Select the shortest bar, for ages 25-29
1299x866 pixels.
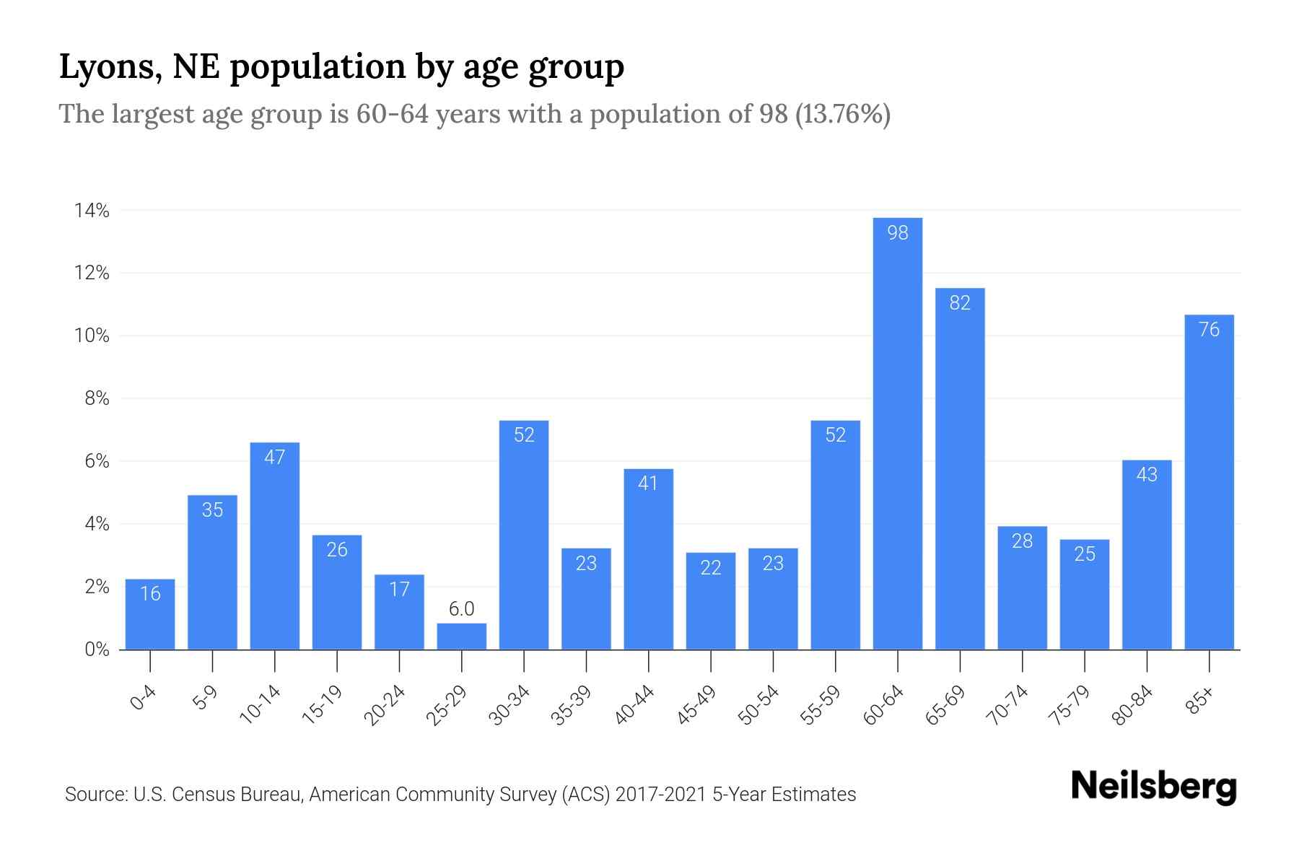coord(461,637)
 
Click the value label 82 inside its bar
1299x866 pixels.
coord(959,303)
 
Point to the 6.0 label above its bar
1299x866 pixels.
coord(461,609)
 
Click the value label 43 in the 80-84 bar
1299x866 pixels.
coord(1146,475)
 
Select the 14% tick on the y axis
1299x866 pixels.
coord(92,211)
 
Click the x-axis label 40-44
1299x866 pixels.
coord(635,705)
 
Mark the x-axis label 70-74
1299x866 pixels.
coord(1009,705)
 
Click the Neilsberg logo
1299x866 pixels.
coord(1153,787)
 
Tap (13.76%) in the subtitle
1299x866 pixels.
coord(842,114)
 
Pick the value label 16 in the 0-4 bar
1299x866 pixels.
coord(150,594)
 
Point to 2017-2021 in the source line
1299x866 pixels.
coord(660,795)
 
